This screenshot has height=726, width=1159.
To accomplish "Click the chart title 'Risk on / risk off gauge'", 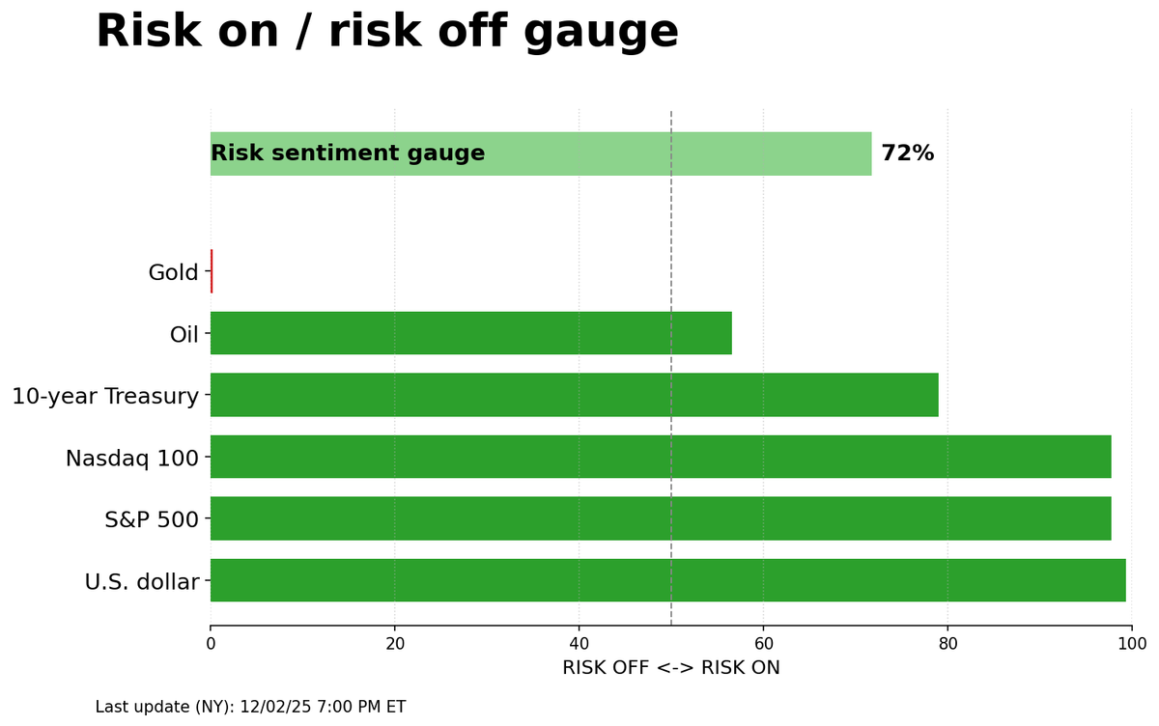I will click(386, 32).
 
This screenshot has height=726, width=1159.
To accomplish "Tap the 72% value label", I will click(907, 154).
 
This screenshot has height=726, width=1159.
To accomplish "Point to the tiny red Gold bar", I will click(212, 271).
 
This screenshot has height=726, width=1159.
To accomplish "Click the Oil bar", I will click(470, 333).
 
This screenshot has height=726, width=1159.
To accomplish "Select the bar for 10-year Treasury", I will click(574, 395).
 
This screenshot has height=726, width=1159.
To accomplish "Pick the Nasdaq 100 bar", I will click(661, 457).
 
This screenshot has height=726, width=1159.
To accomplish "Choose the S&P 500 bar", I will click(661, 518).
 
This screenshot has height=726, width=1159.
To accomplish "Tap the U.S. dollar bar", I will click(667, 580).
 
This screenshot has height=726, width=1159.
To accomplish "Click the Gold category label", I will click(173, 272).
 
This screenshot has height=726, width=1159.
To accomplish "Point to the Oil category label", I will click(184, 334).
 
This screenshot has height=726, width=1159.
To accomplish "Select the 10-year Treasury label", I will click(105, 396).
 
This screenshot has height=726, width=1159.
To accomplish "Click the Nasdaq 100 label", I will click(131, 458).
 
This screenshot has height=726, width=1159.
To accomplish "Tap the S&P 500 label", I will click(151, 519).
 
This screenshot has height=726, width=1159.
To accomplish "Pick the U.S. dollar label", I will click(141, 581).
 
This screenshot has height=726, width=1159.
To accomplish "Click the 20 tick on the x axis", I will click(394, 643).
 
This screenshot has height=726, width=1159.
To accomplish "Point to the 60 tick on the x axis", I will click(763, 643).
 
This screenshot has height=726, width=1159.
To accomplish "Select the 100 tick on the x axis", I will click(1131, 643).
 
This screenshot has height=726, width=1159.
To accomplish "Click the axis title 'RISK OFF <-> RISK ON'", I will click(670, 668).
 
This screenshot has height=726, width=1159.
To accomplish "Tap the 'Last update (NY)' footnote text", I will click(250, 707).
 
